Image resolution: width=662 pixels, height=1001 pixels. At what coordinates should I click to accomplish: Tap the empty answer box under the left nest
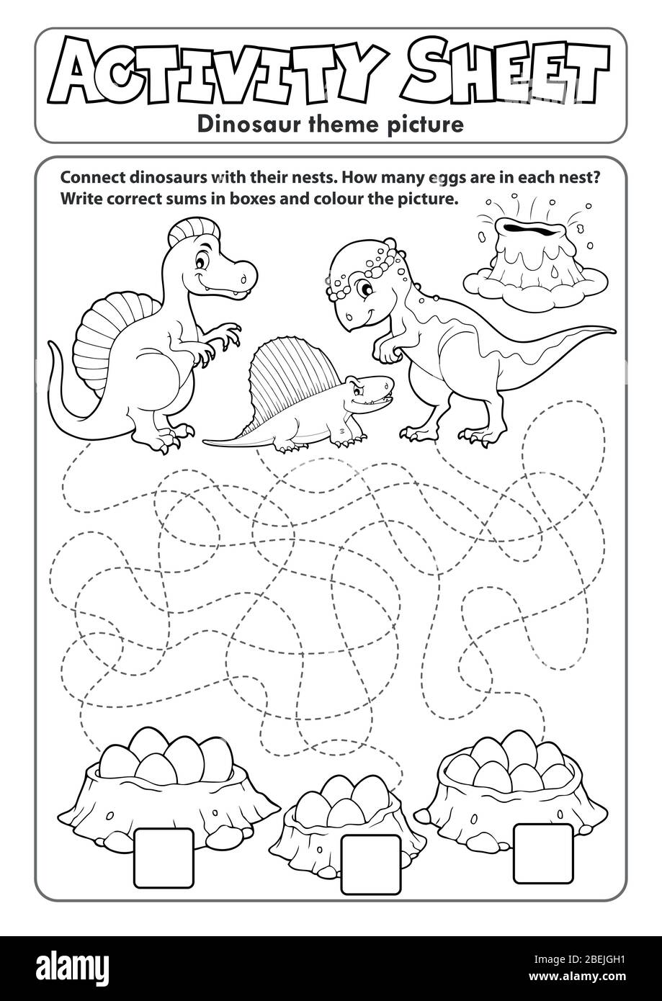point(164,858)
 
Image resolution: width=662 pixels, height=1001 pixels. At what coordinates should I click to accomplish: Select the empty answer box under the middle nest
point(370,864)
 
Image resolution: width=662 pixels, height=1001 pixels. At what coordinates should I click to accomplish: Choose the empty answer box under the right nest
point(543,853)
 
